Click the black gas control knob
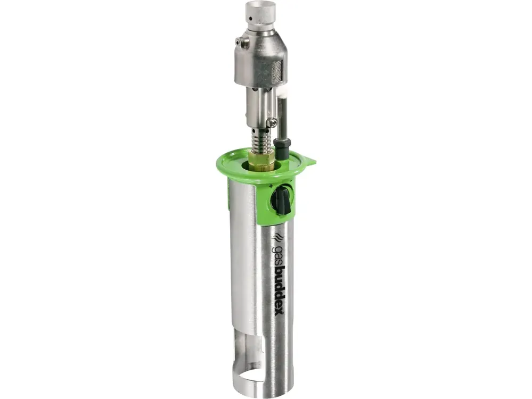pos(282,201)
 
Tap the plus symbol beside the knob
pos(271,186)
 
